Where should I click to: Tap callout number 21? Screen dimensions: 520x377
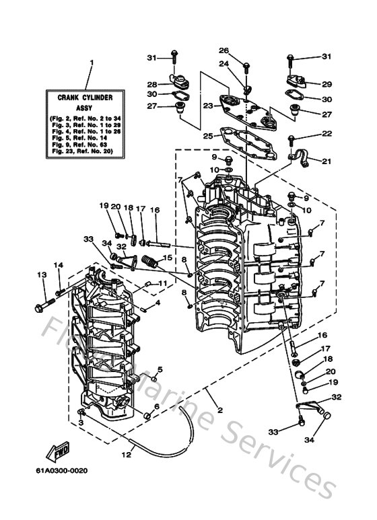[327, 161]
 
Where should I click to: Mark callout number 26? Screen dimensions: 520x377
[224, 50]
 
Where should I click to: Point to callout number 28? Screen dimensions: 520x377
[152, 85]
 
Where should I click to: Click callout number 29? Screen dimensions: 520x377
[327, 84]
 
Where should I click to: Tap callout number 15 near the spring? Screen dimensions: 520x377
[168, 257]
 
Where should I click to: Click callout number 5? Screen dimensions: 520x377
[161, 369]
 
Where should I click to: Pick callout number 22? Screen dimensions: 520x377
[327, 135]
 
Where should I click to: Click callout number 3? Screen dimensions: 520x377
[81, 422]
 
